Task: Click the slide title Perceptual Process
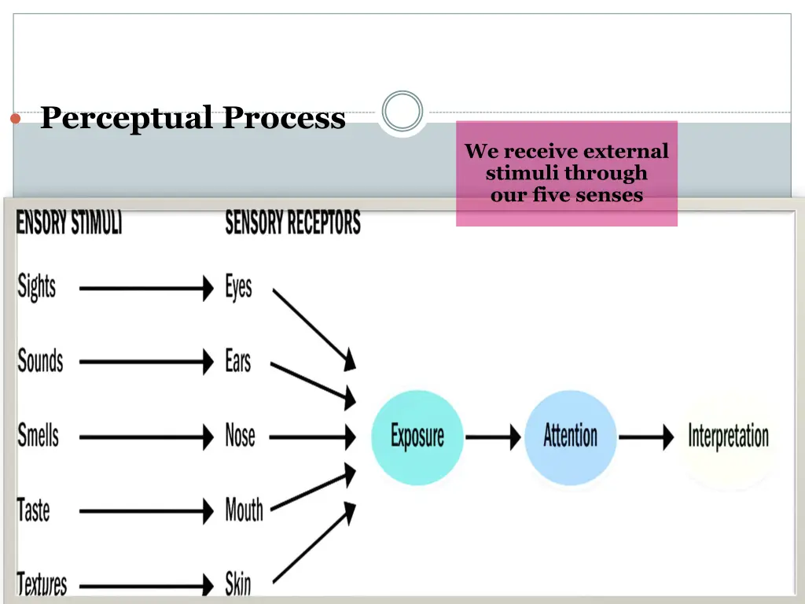[x=193, y=118]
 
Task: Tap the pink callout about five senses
[x=566, y=173]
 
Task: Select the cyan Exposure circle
[x=417, y=436]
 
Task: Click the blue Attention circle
[x=571, y=436]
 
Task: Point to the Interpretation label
[x=728, y=436]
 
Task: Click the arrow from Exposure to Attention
[x=493, y=436]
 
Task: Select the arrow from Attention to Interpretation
[x=646, y=436]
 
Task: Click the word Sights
[x=37, y=287]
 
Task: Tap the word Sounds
[x=40, y=361]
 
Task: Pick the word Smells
[x=39, y=435]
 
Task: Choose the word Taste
[x=34, y=510]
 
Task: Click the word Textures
[x=42, y=584]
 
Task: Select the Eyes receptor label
[x=238, y=287]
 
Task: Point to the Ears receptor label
[x=238, y=361]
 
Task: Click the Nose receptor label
[x=241, y=435]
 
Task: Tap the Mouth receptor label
[x=244, y=510]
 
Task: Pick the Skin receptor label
[x=238, y=584]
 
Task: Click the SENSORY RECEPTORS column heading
[x=292, y=223]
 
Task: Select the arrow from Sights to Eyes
[x=146, y=288]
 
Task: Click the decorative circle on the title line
[x=402, y=112]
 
